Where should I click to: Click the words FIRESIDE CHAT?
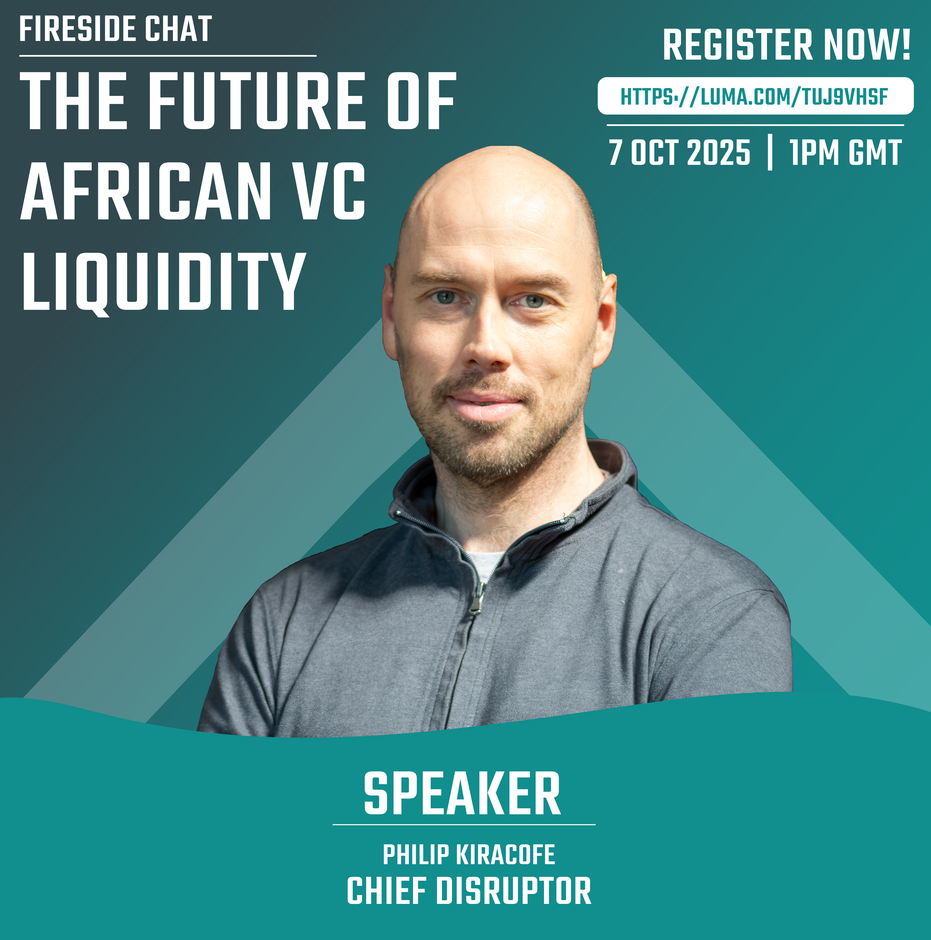[115, 29]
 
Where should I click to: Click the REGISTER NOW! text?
[786, 45]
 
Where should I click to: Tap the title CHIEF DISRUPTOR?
[469, 890]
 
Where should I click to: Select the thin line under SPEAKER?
[464, 825]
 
